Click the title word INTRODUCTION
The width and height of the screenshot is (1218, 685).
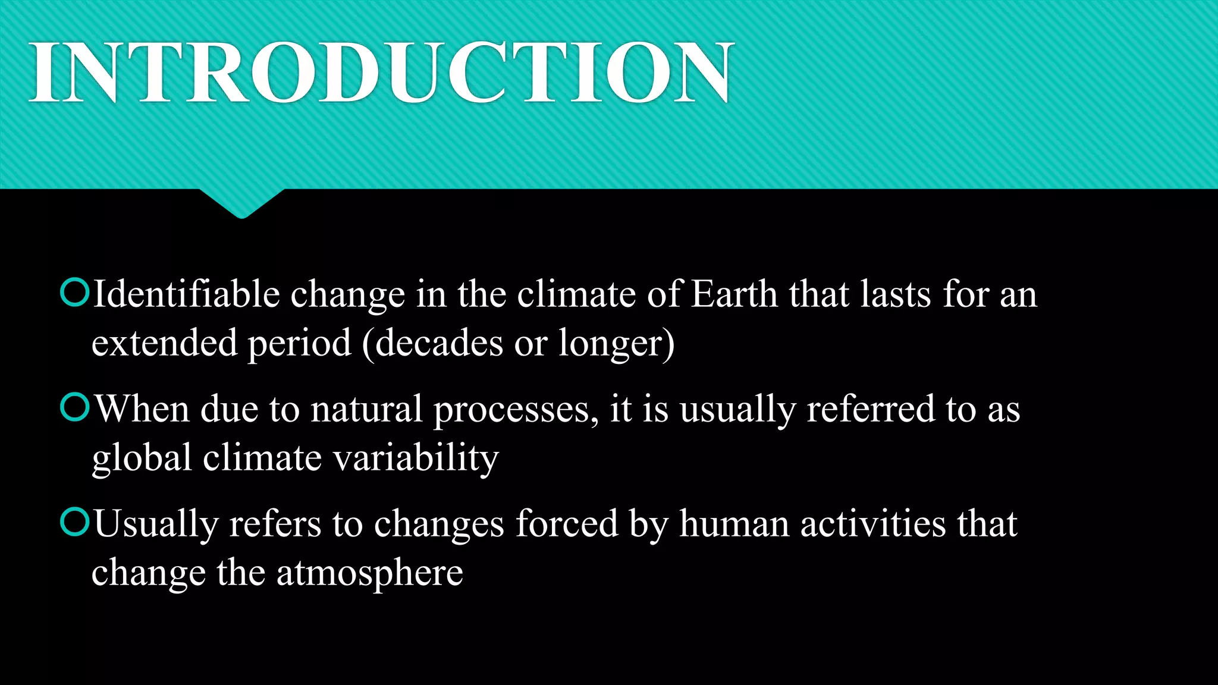(x=381, y=73)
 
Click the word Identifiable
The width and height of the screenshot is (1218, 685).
(x=186, y=294)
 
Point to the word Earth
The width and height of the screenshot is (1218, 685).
(x=734, y=294)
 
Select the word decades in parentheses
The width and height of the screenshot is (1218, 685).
(x=439, y=343)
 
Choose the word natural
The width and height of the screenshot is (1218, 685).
(x=366, y=409)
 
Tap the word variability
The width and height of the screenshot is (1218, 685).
(x=415, y=459)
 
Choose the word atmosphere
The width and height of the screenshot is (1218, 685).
(x=369, y=574)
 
